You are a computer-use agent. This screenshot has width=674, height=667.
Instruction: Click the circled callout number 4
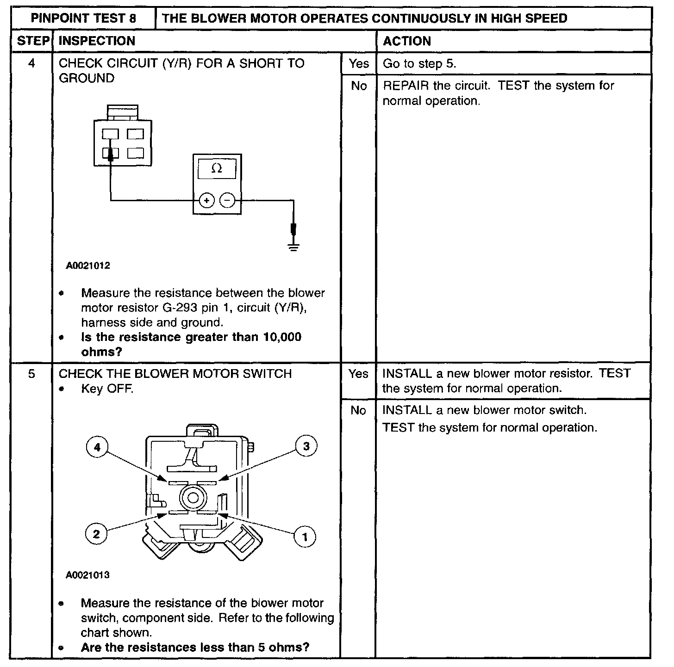tap(97, 447)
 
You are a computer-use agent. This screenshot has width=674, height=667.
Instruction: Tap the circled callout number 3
tap(306, 446)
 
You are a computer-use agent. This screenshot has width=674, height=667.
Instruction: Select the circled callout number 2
tap(96, 534)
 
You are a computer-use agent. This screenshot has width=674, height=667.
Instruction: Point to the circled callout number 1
tap(305, 537)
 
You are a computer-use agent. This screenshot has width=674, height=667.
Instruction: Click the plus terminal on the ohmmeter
tap(206, 200)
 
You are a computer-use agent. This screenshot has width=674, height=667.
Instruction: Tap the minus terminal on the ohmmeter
tap(227, 200)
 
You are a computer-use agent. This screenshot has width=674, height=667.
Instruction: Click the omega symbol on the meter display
tap(217, 169)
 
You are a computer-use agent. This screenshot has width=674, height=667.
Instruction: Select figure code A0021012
tap(88, 266)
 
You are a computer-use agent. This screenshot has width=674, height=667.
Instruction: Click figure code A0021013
tap(88, 575)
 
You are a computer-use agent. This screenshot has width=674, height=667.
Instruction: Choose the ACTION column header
tap(407, 41)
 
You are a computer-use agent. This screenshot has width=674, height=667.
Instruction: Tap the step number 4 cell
tap(31, 63)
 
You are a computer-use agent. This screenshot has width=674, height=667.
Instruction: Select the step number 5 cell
tap(31, 374)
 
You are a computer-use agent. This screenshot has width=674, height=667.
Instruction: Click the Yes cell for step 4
tap(359, 63)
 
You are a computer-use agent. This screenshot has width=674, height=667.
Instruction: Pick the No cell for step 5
tap(358, 410)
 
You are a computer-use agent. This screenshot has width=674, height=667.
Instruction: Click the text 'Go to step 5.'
tap(419, 64)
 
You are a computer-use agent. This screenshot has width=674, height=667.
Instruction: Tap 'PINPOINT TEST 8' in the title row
tap(84, 19)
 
